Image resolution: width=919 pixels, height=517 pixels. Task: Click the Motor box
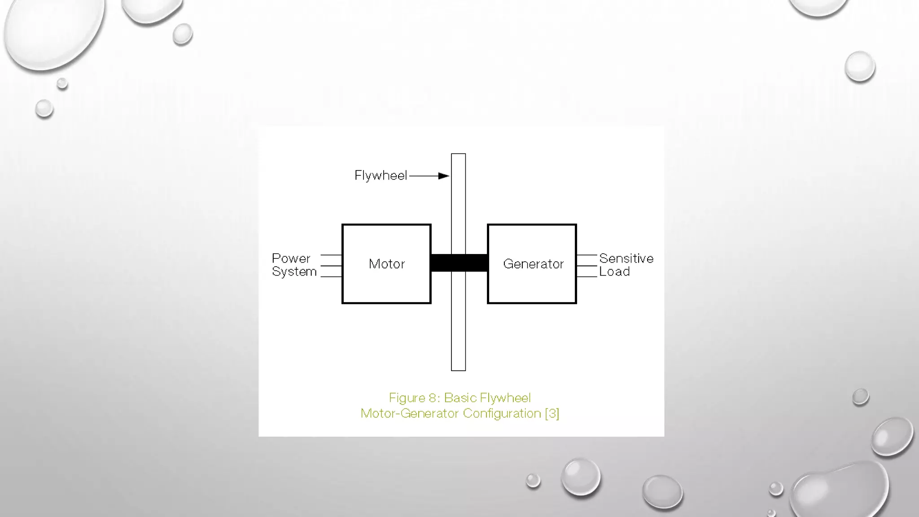[x=386, y=264]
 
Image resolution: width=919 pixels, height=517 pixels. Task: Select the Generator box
[x=532, y=264]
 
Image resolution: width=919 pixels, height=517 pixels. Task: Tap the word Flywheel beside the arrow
[x=381, y=175]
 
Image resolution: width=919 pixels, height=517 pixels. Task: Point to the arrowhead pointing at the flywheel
[x=444, y=176]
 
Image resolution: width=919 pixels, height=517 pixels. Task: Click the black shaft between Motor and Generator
[x=459, y=263]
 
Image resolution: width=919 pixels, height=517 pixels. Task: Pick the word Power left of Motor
[x=291, y=258]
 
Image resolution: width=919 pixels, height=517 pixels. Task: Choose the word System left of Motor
[x=294, y=272]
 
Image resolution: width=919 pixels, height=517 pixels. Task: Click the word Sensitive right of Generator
[x=626, y=258]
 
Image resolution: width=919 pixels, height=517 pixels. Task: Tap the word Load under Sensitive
[x=614, y=272]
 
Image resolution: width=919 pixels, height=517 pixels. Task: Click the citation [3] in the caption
[x=552, y=413]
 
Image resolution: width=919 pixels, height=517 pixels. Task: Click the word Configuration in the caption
[x=502, y=413]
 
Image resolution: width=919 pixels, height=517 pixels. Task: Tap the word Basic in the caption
[x=460, y=398]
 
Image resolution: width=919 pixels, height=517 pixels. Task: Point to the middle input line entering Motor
[x=331, y=266]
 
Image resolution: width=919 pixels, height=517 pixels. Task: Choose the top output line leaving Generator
[x=586, y=255]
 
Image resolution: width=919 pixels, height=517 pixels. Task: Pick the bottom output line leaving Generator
[x=586, y=277]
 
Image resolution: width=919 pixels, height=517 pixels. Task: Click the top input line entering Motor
[x=331, y=255]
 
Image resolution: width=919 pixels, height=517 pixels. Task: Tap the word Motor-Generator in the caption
[x=410, y=413]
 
